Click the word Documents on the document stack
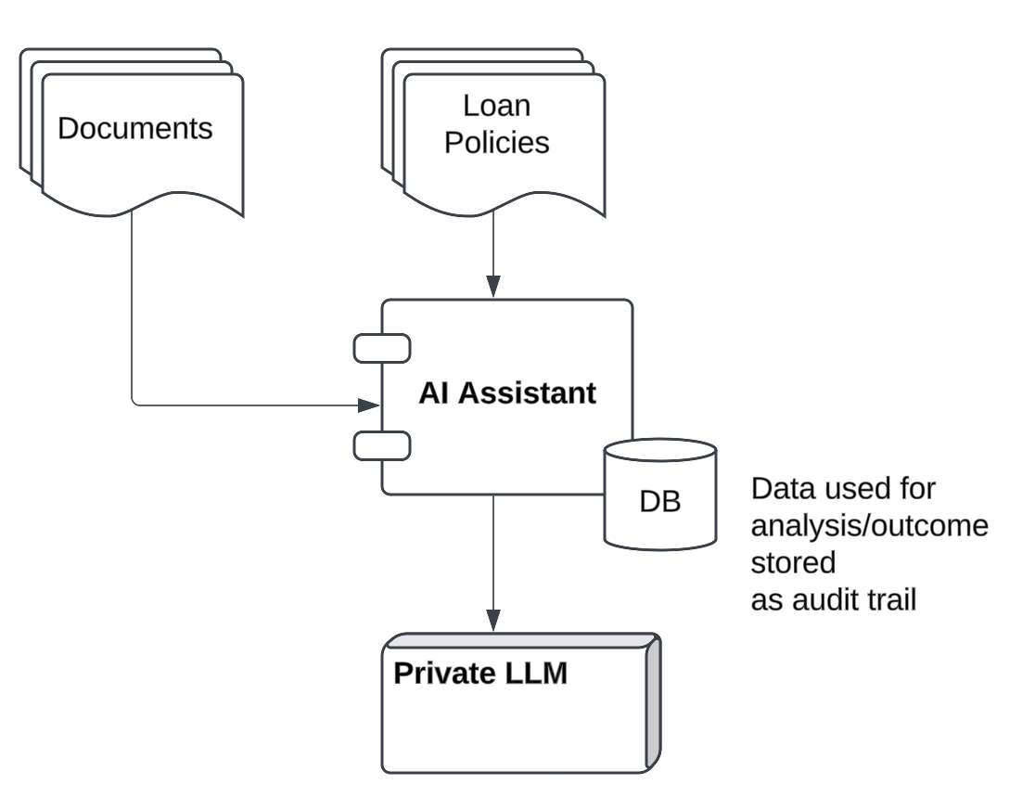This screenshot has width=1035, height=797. [x=134, y=128]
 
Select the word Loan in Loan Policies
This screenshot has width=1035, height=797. [x=496, y=106]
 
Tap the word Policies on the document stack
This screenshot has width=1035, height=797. [x=496, y=143]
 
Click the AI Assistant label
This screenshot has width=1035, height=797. [x=506, y=392]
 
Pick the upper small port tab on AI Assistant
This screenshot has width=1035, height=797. [x=382, y=348]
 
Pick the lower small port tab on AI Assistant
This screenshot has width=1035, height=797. [x=382, y=445]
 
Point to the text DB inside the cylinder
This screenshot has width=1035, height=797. [x=659, y=502]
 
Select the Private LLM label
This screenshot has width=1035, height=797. [x=479, y=673]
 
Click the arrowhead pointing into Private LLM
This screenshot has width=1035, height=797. [x=493, y=622]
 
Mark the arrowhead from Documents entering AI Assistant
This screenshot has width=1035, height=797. [x=370, y=405]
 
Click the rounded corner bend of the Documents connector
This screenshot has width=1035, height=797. [x=135, y=401]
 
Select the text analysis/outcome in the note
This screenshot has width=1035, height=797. [x=868, y=526]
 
